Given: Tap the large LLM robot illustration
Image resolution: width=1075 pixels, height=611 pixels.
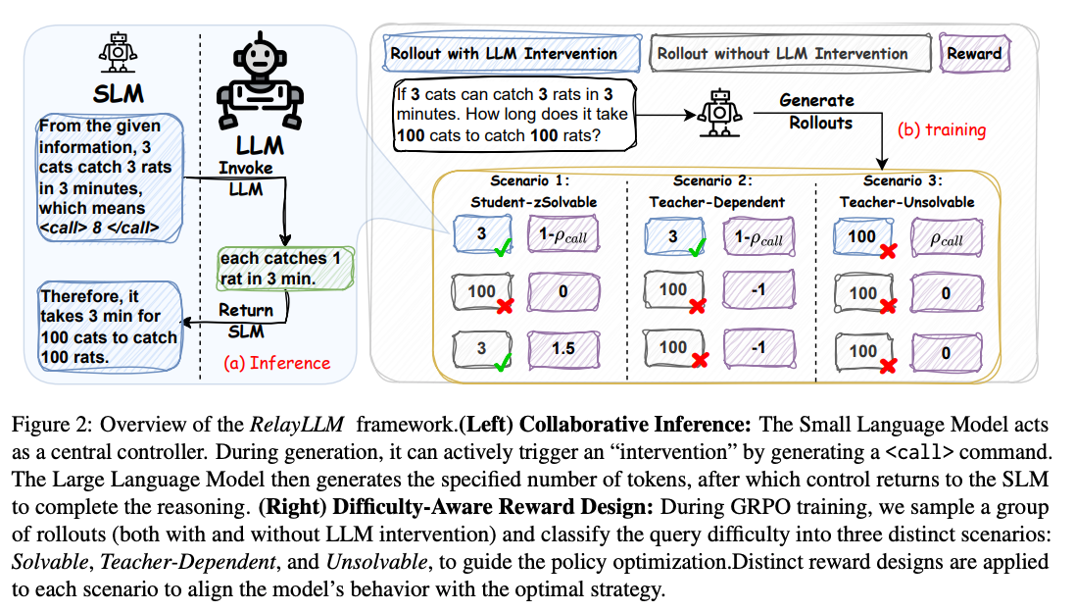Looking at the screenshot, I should coord(261,84).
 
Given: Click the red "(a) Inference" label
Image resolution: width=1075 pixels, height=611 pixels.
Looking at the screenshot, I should coord(277,362).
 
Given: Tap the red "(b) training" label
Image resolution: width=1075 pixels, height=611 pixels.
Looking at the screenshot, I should coord(942,129).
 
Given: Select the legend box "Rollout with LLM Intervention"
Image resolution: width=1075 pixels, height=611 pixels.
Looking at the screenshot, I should coord(504,53).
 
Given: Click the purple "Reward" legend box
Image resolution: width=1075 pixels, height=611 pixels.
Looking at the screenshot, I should coord(973,54).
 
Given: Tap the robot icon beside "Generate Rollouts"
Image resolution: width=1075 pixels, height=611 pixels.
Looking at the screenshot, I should coord(717,114).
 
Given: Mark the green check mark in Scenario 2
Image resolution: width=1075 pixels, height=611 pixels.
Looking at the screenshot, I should coord(697,251).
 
